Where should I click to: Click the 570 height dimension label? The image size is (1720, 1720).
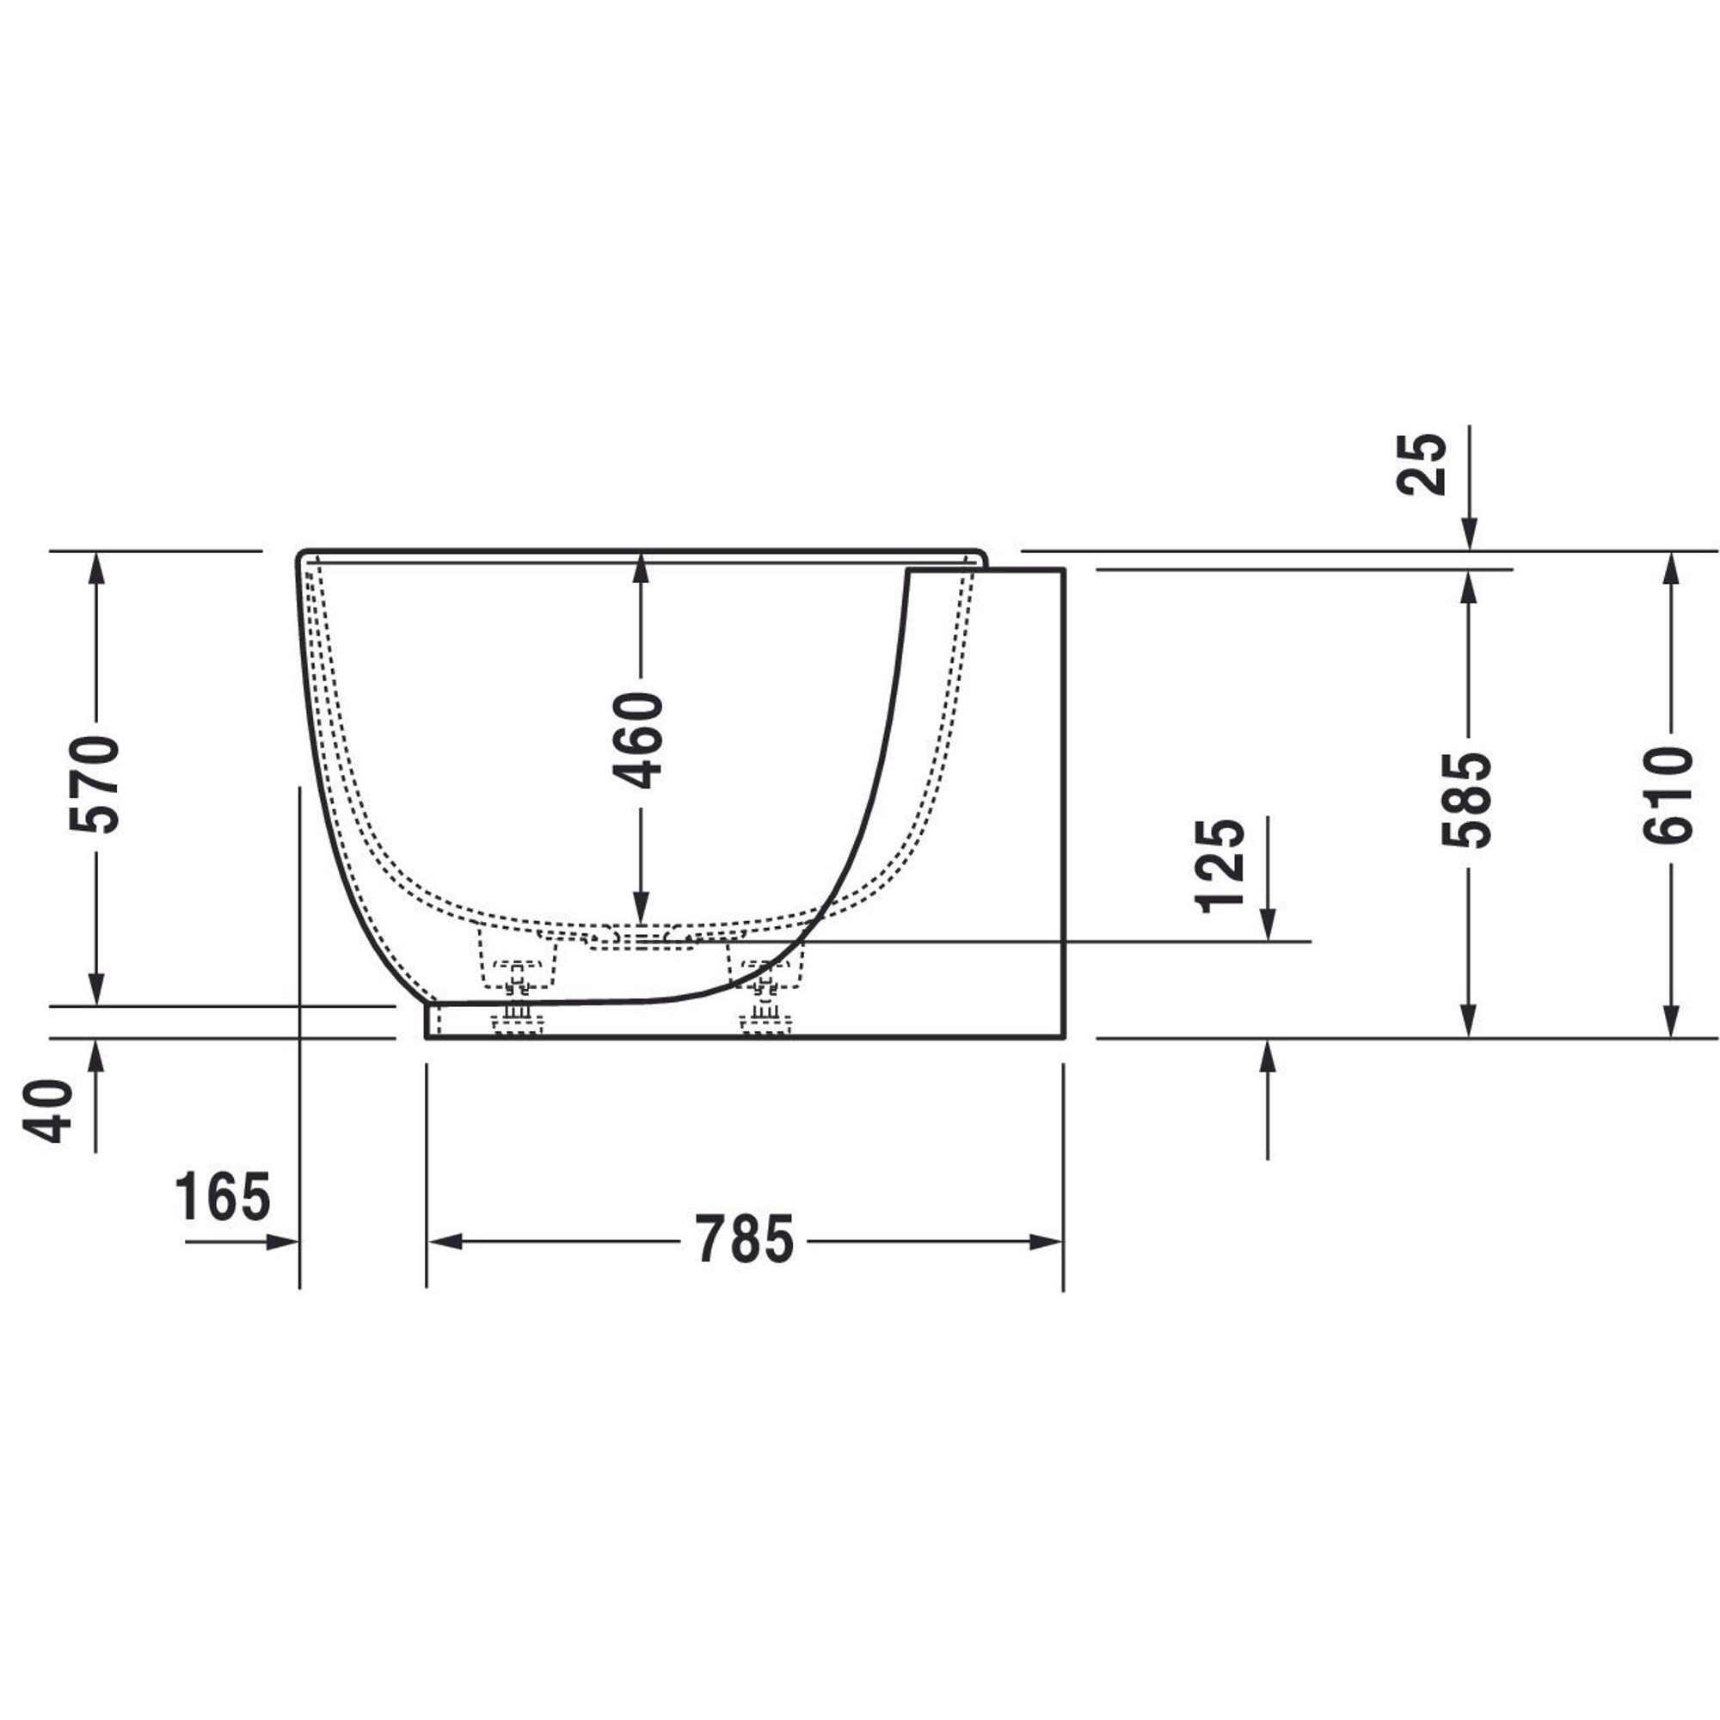[95, 784]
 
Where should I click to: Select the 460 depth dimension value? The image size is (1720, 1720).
[639, 740]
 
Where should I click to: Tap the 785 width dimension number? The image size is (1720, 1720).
[744, 1240]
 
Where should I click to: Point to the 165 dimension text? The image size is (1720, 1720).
[222, 1197]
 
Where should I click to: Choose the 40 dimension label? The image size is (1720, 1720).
[47, 1111]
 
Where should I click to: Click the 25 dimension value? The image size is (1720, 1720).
[1422, 463]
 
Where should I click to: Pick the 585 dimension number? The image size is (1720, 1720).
[1466, 800]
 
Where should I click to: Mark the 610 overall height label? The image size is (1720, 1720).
[1668, 795]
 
